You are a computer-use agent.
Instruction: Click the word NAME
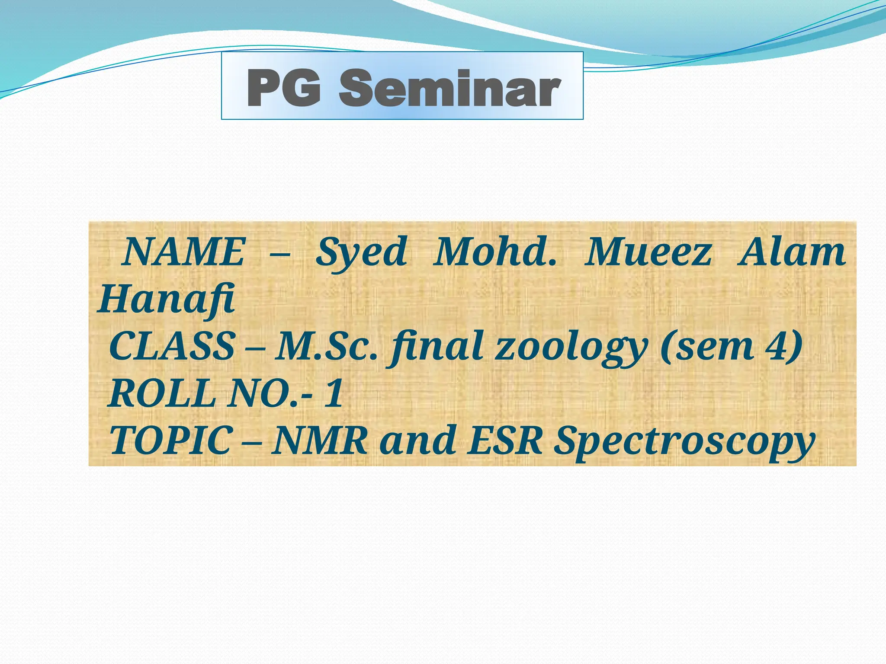(x=183, y=252)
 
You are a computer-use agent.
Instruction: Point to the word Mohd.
(x=495, y=252)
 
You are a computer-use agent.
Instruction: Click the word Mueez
(x=648, y=252)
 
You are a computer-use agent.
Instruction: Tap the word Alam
(x=792, y=252)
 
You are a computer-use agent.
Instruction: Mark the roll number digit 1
(x=334, y=394)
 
